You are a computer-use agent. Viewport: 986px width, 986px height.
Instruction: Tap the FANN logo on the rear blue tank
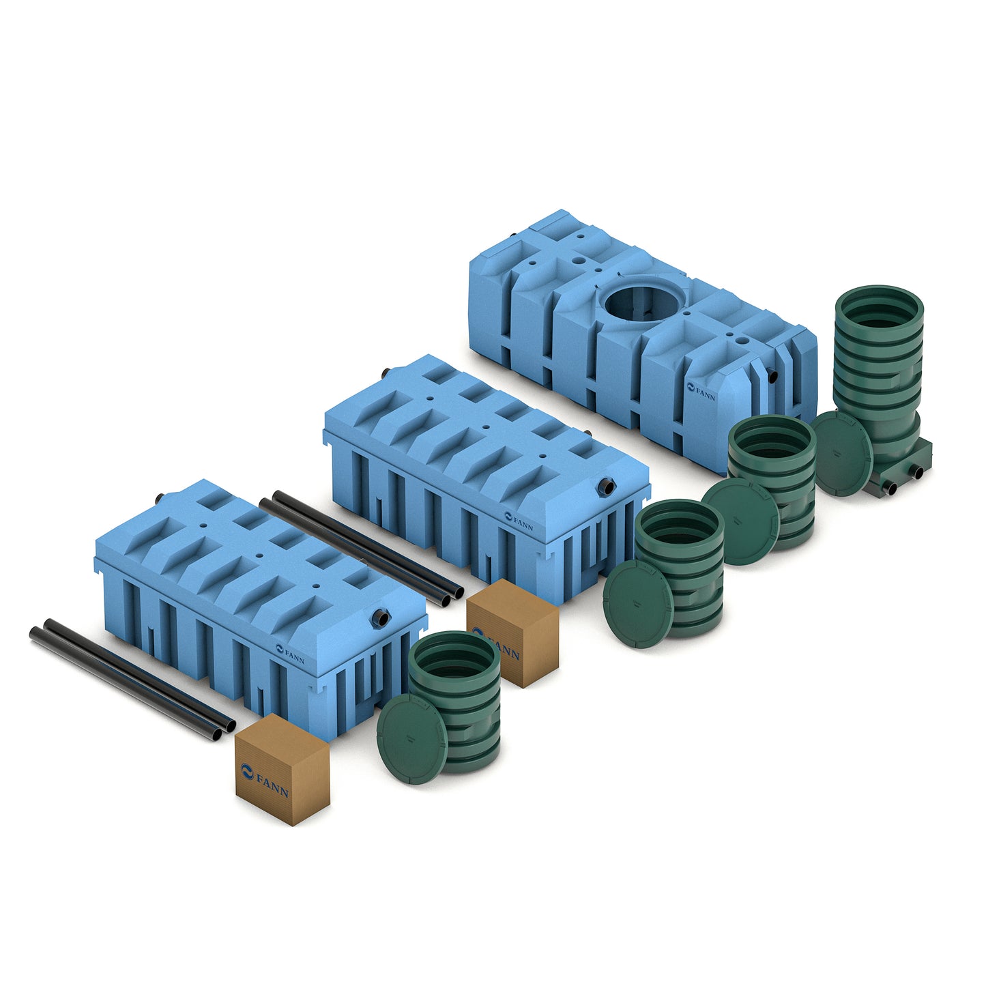click(701, 392)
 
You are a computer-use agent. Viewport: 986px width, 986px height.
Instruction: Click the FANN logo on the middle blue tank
click(519, 521)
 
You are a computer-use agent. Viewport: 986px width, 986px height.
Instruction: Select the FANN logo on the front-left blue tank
click(289, 654)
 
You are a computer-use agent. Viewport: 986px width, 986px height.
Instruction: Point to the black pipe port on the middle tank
click(607, 486)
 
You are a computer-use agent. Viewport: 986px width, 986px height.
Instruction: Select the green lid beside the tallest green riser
click(841, 454)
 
